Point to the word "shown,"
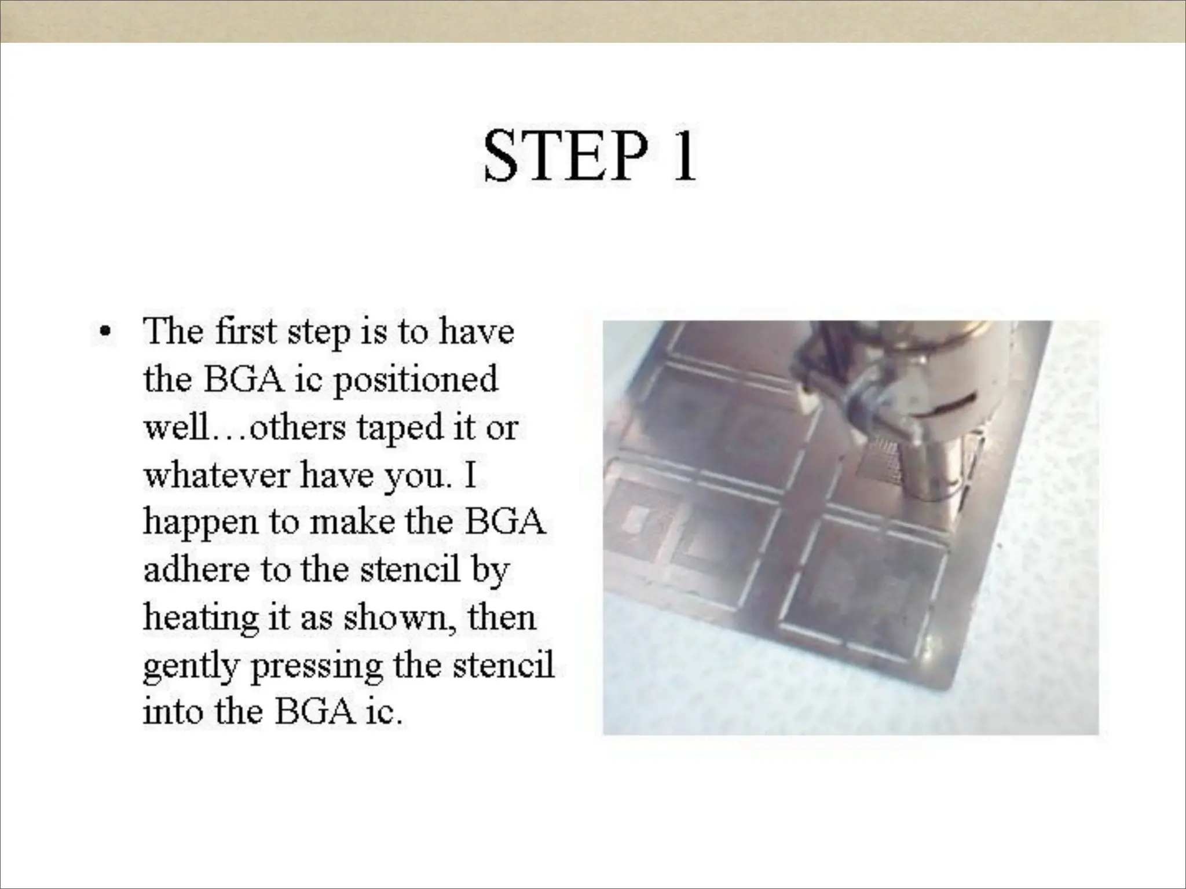[x=400, y=618]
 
